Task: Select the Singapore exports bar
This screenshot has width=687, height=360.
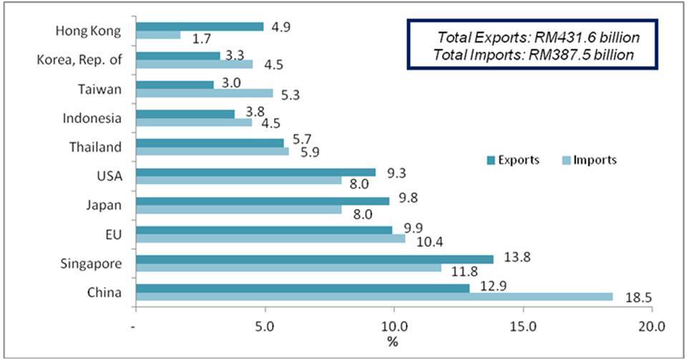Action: tap(314, 259)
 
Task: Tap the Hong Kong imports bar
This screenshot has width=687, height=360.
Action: tap(158, 35)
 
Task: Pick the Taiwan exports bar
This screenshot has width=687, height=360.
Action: tap(175, 84)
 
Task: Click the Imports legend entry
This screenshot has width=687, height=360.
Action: tap(588, 160)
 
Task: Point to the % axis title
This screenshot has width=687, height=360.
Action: tap(393, 341)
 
